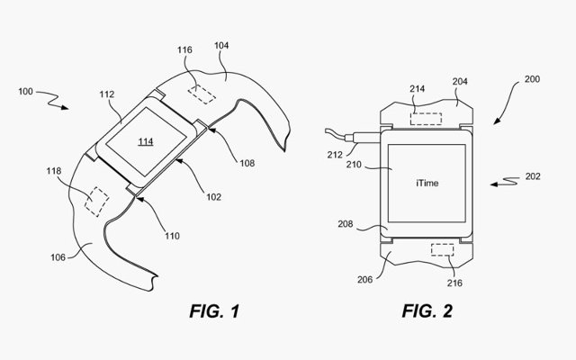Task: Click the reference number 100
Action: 25,92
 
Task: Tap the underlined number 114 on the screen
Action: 146,141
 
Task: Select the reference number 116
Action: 184,50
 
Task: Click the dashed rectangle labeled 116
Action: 202,94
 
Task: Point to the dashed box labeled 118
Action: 96,202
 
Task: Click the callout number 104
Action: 221,46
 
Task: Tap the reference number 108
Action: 247,163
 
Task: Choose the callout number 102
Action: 213,197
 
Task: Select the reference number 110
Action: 172,236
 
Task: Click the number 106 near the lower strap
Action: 58,257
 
